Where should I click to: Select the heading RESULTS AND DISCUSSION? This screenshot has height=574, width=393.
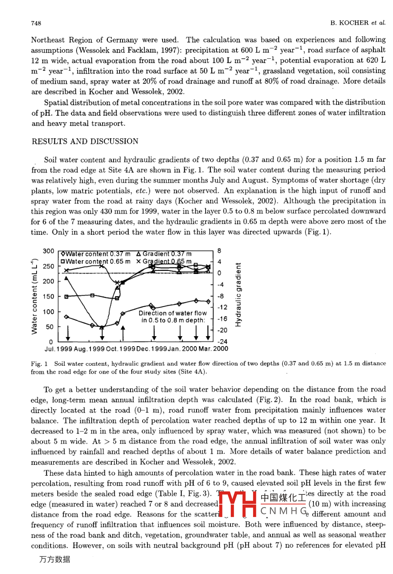tap(85, 141)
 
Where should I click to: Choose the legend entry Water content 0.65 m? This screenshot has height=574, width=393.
tap(96, 261)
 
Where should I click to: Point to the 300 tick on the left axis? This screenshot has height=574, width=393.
tap(48, 251)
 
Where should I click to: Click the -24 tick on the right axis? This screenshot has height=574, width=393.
tap(222, 342)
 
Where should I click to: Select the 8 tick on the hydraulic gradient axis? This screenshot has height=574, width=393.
tap(220, 251)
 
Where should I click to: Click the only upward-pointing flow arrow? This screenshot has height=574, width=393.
tap(123, 333)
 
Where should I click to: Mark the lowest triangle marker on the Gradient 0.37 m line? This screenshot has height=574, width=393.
tap(102, 327)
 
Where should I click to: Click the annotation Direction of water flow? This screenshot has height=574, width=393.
tap(173, 313)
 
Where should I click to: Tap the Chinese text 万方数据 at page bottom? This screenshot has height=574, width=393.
tap(54, 560)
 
